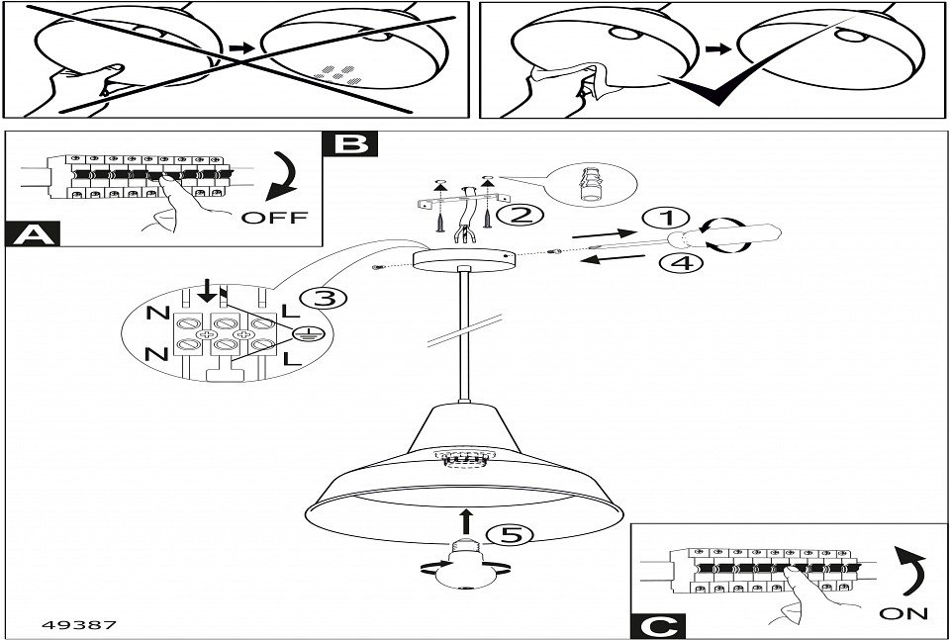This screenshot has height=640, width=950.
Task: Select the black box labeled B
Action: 349,143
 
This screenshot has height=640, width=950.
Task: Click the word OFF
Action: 274,217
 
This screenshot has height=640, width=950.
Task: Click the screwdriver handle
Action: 737,238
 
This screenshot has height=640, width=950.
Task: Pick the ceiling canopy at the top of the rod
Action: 462,258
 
